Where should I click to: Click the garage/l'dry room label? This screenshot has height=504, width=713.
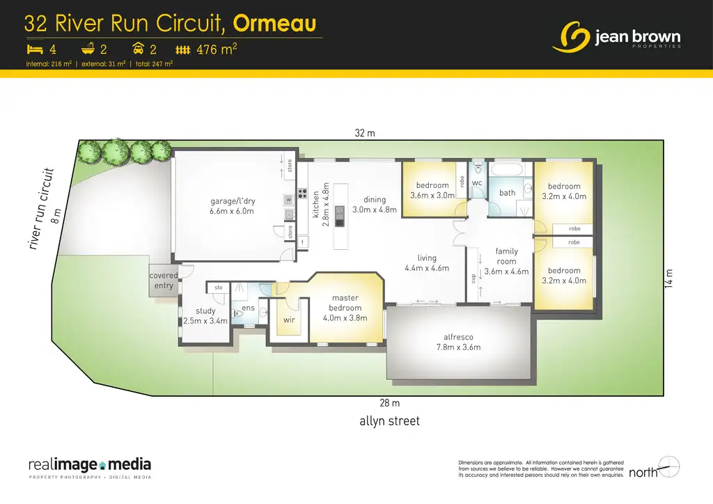click(x=233, y=207)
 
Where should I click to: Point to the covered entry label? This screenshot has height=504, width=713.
click(x=164, y=281)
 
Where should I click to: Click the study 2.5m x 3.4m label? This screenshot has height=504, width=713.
click(x=206, y=316)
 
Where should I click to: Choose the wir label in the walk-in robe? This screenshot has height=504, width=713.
click(x=289, y=320)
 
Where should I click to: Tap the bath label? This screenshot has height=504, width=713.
click(x=507, y=193)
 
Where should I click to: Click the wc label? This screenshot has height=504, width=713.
click(x=477, y=183)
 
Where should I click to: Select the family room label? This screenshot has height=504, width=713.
click(x=506, y=261)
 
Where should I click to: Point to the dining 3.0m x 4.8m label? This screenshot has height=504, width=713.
click(x=369, y=205)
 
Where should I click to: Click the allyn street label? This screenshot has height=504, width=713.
click(x=390, y=421)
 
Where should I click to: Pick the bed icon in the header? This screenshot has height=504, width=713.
click(x=35, y=49)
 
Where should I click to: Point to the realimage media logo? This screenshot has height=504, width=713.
click(x=90, y=467)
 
